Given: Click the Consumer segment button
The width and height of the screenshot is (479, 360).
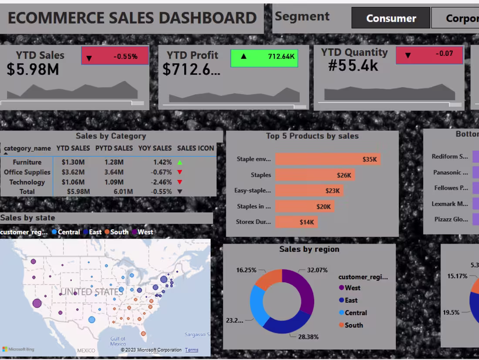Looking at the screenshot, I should pyautogui.click(x=391, y=18).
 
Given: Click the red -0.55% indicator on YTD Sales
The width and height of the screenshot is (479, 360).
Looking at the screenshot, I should pyautogui.click(x=115, y=56).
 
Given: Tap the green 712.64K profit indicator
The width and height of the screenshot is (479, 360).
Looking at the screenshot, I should pyautogui.click(x=264, y=56).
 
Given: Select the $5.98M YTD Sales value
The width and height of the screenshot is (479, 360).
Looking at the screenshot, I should pyautogui.click(x=33, y=69).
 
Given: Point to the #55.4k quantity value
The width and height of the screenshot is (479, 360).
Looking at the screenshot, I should pyautogui.click(x=353, y=65).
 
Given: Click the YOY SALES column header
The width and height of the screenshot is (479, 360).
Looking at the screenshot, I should pyautogui.click(x=155, y=148).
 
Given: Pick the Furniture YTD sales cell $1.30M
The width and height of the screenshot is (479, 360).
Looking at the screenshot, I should pyautogui.click(x=73, y=162).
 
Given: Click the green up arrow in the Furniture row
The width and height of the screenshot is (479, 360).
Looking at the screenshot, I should pyautogui.click(x=179, y=162).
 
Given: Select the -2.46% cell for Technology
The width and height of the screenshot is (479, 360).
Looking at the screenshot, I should pyautogui.click(x=162, y=182).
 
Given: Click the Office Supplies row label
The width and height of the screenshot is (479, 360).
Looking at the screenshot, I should pyautogui.click(x=27, y=172).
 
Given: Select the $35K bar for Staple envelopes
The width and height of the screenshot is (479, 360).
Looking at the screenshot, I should pyautogui.click(x=327, y=159).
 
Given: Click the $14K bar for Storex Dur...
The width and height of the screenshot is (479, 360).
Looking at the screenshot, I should pyautogui.click(x=296, y=222).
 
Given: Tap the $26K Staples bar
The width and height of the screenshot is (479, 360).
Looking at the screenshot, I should pyautogui.click(x=315, y=175).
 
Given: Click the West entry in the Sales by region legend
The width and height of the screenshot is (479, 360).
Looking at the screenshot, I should pyautogui.click(x=352, y=288).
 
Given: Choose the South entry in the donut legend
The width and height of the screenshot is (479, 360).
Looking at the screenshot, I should pyautogui.click(x=353, y=325).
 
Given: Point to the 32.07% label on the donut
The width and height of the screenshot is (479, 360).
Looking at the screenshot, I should pyautogui.click(x=317, y=270).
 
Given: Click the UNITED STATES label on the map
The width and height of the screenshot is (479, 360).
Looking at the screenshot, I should pyautogui.click(x=91, y=292).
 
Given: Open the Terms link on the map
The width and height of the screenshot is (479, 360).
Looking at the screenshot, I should pyautogui.click(x=192, y=350).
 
